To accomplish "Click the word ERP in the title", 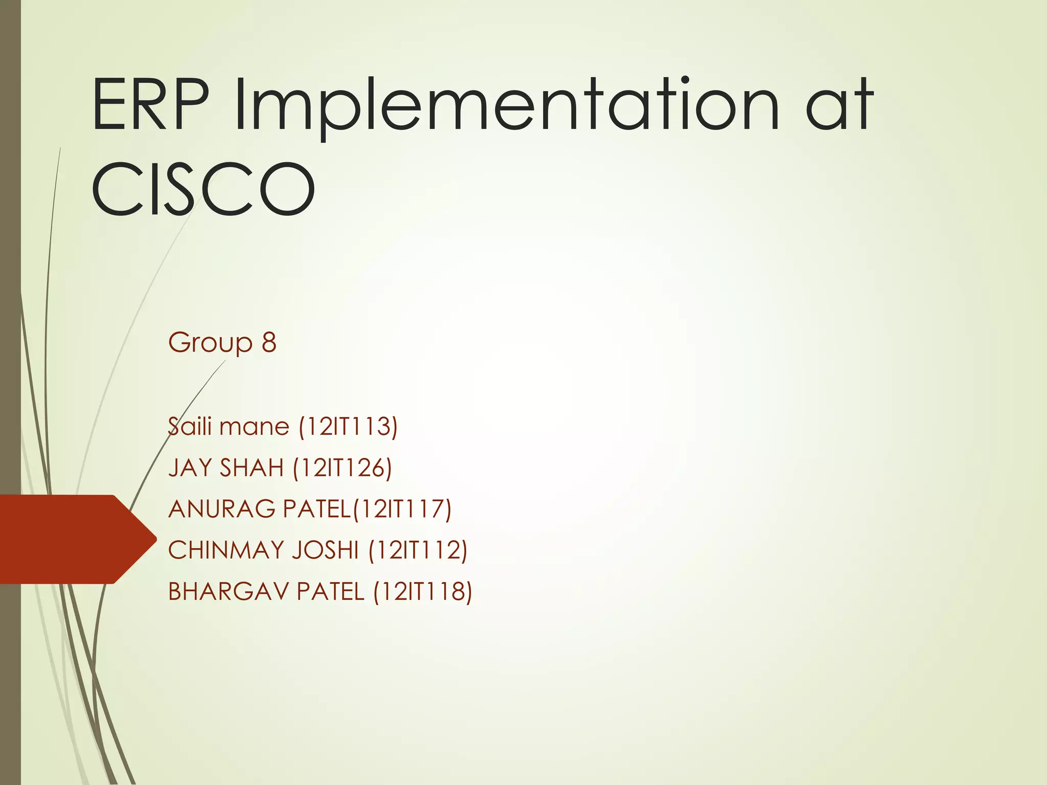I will (151, 105).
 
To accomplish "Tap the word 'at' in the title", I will (839, 105).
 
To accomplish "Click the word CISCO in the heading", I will (203, 189).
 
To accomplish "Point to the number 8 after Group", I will (269, 342).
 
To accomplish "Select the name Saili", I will (190, 426).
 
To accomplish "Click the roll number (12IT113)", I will (348, 426).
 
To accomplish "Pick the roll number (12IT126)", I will (343, 468).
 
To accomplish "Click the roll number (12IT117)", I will (402, 509).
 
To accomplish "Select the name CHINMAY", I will (226, 550).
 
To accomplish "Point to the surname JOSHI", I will (325, 550).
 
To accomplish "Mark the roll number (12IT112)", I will (418, 550).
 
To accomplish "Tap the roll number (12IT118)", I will (423, 591).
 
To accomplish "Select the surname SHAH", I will (251, 468).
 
